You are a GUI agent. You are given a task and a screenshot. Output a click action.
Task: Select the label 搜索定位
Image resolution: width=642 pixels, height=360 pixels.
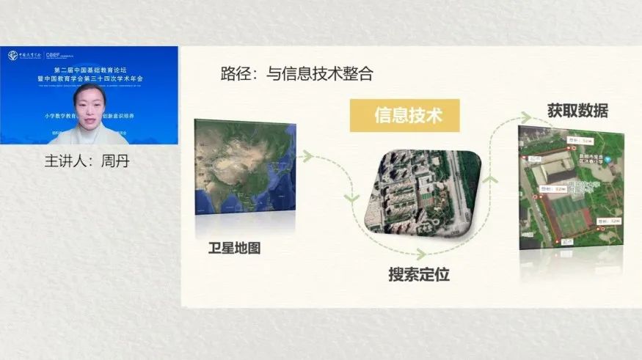[418, 275]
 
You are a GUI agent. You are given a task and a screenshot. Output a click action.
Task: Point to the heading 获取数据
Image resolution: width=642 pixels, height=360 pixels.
[577, 111]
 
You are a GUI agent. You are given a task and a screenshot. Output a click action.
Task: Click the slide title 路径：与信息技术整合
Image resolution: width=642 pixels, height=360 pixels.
[296, 73]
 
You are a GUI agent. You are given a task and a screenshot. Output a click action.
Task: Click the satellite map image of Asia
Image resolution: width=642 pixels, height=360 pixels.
[244, 169]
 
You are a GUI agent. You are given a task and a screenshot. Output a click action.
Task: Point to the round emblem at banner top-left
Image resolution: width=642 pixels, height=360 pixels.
[13, 55]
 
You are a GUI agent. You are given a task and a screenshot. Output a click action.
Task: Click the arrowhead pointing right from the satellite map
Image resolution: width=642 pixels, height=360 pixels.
[308, 156]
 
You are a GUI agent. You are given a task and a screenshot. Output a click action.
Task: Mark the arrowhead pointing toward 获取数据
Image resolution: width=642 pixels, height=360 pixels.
[525, 117]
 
